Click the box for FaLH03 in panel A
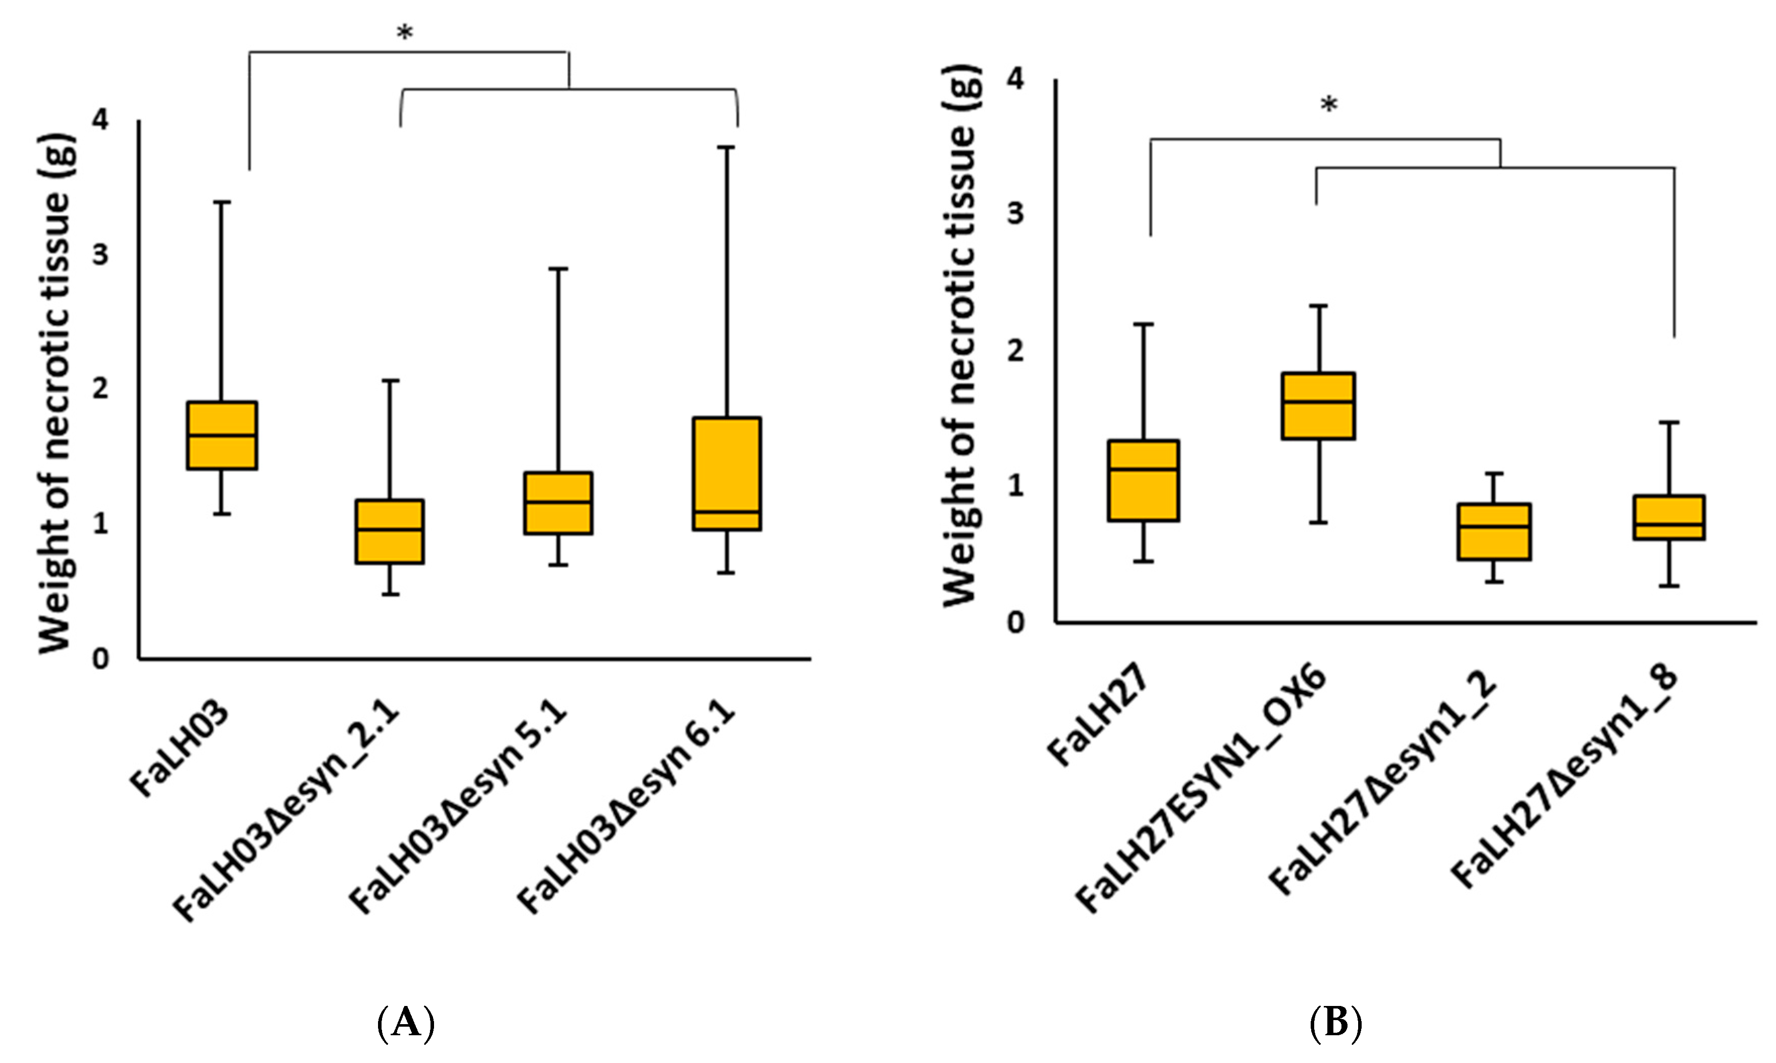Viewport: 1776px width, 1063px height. pos(222,436)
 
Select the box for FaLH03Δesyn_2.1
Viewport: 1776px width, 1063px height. pos(390,531)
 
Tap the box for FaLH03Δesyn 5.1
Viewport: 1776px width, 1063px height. pos(558,503)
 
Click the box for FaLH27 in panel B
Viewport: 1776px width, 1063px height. pos(1144,480)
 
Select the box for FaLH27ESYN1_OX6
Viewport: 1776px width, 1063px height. pos(1318,405)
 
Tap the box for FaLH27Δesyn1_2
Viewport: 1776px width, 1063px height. pos(1494,531)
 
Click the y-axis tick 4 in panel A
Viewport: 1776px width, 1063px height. pos(101,120)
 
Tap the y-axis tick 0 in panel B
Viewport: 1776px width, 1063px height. pos(1015,622)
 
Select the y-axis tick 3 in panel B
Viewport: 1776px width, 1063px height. pos(1015,214)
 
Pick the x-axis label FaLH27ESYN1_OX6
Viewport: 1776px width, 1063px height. pos(1203,788)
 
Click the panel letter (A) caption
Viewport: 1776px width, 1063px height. pos(405,1023)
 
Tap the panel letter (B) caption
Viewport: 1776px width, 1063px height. pos(1335,1023)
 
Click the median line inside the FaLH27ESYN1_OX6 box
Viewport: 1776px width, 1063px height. pos(1318,402)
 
